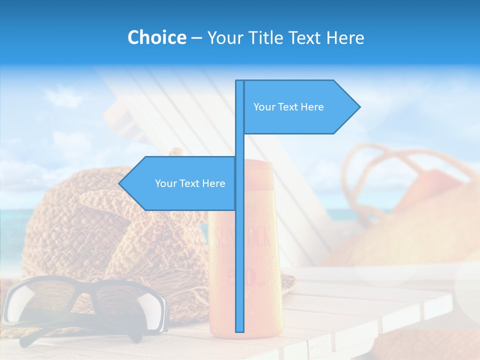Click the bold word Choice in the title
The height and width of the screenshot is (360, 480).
(x=156, y=37)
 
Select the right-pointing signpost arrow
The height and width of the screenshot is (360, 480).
(x=300, y=107)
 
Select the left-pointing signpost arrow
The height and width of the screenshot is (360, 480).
(x=180, y=183)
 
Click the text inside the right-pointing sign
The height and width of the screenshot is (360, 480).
(x=288, y=107)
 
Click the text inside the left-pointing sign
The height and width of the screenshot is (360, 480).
(x=190, y=183)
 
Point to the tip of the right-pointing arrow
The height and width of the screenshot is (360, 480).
(x=359, y=107)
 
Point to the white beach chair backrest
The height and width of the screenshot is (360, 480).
(x=165, y=100)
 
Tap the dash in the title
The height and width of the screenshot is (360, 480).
(x=196, y=38)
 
